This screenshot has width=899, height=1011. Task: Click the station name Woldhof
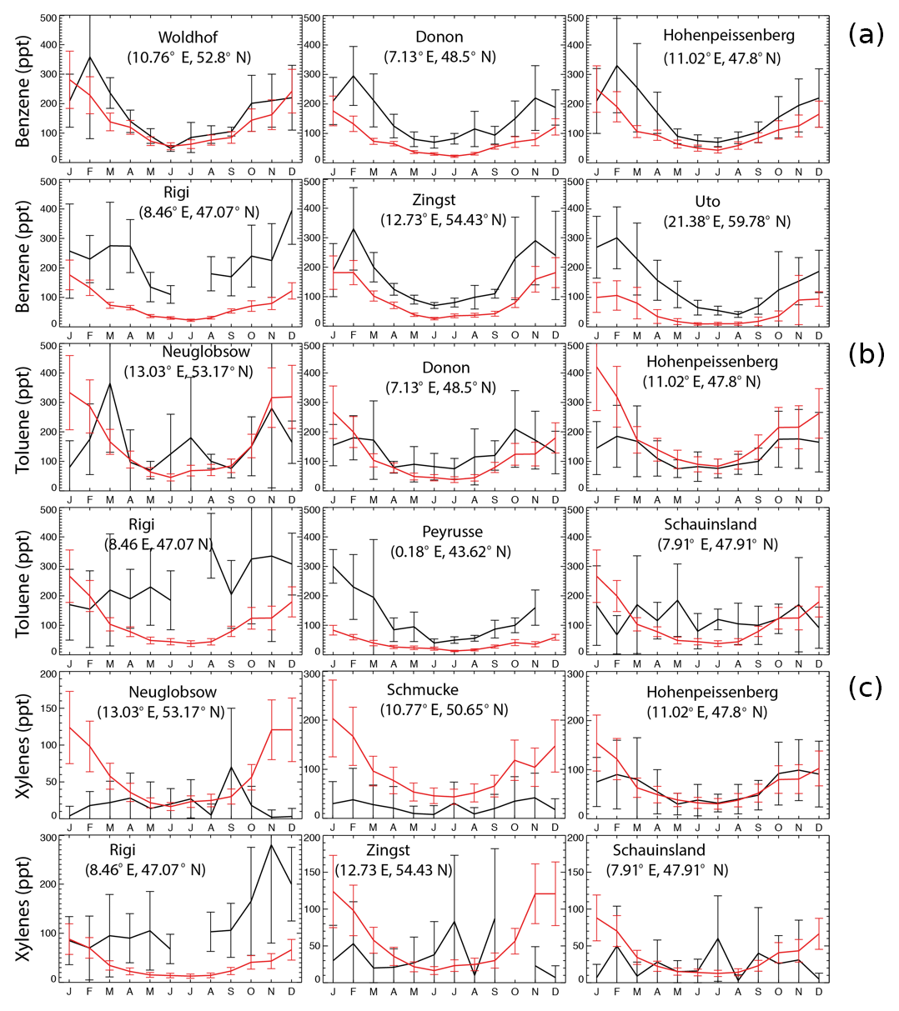coord(189,38)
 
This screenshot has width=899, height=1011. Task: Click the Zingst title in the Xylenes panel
coord(389,850)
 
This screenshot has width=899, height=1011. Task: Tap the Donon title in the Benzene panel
coord(439,38)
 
